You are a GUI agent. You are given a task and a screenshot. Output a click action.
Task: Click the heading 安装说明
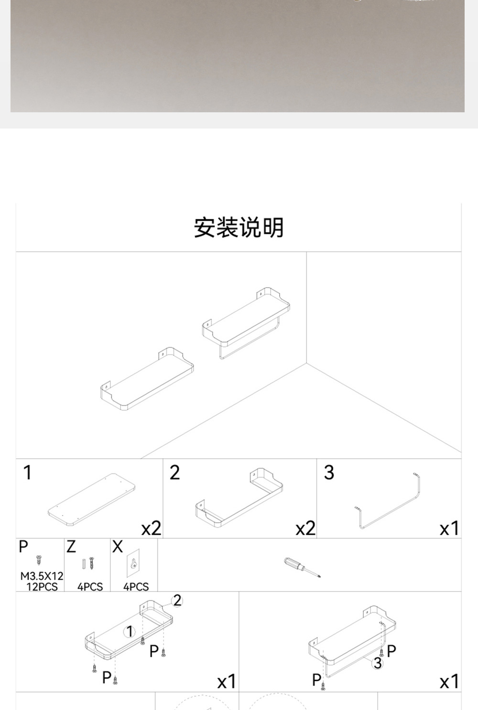(x=239, y=228)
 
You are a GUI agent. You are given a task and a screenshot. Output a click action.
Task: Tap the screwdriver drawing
(x=302, y=567)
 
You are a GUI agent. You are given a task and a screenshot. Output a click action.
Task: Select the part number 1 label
(x=27, y=473)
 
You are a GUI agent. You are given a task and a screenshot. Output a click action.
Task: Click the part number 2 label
(x=174, y=473)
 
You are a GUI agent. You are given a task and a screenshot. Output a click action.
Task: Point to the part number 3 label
(x=329, y=473)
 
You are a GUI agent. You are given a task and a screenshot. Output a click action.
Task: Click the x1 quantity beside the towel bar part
(x=449, y=528)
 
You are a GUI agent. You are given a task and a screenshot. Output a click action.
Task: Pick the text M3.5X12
(x=42, y=576)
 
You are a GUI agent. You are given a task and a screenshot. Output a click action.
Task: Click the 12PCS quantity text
(x=42, y=587)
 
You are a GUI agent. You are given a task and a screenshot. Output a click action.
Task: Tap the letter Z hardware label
(x=71, y=547)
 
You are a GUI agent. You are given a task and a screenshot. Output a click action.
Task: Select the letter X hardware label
(x=118, y=547)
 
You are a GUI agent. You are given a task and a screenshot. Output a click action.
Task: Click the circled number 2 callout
(x=177, y=601)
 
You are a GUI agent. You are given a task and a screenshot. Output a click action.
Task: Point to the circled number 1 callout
(x=130, y=632)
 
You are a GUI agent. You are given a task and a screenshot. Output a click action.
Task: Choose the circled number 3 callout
(x=378, y=663)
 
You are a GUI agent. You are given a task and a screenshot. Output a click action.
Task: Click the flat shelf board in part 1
(x=91, y=499)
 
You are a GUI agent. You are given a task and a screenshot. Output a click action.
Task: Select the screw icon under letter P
(x=39, y=560)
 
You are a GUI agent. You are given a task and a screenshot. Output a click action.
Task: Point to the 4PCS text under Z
(x=90, y=587)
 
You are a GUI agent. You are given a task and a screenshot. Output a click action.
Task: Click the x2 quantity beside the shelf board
(x=151, y=528)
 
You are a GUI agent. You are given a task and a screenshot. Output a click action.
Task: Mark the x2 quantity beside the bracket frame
(x=305, y=528)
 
